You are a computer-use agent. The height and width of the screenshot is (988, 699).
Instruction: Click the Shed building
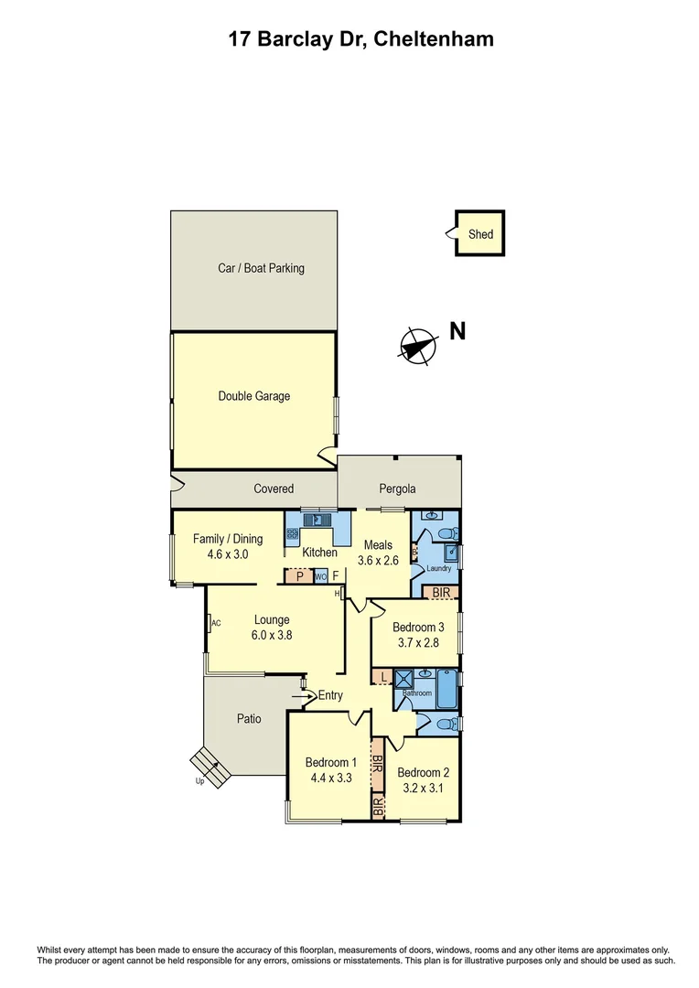point(480,234)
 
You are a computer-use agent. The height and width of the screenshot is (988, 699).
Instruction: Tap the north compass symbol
point(416,346)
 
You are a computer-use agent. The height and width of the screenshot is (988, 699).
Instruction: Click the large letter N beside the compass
point(457,331)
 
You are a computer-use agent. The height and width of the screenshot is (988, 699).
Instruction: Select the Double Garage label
point(253,396)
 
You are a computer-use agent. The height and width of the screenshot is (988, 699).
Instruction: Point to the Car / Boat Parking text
point(261,268)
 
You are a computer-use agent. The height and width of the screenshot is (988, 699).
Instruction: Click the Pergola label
point(398,489)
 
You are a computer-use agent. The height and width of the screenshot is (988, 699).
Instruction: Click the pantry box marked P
point(299,576)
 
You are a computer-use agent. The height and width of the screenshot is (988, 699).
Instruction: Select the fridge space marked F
point(336,576)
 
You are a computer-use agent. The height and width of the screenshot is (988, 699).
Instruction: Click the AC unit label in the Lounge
point(216,623)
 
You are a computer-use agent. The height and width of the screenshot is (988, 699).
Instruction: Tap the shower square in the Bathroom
point(403,678)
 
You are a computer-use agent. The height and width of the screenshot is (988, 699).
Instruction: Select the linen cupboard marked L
point(382,677)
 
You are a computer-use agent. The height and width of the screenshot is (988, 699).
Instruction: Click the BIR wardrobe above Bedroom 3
point(442,593)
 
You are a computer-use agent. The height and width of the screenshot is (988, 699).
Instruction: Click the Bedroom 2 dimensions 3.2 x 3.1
point(423,787)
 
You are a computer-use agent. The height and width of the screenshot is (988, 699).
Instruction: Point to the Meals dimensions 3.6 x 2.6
point(377,561)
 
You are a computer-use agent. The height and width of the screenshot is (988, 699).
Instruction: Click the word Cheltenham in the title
point(435,38)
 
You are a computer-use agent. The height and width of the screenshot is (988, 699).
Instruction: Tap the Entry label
point(330,695)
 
